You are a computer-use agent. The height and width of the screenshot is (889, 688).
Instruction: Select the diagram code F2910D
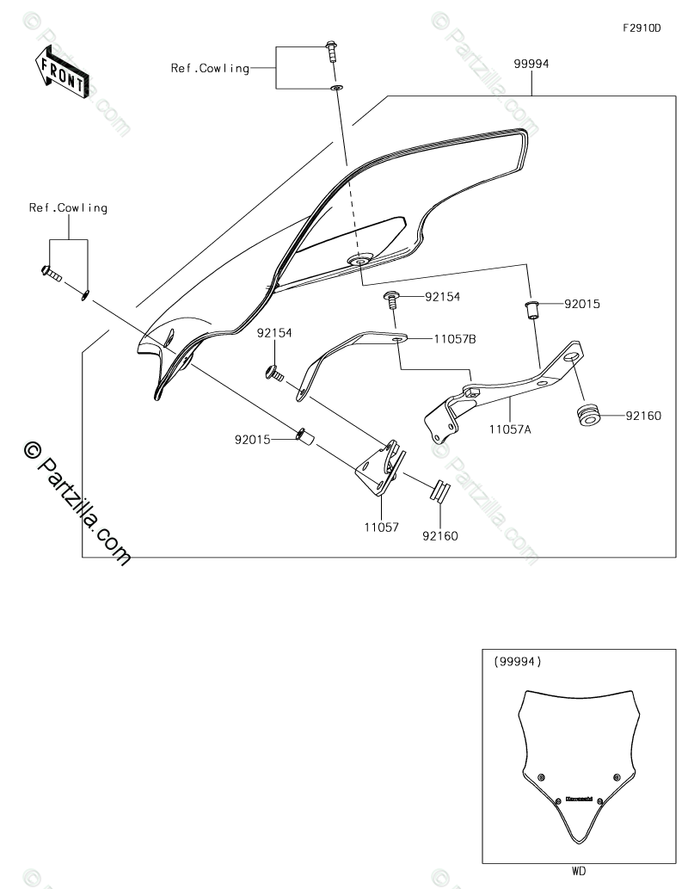642,28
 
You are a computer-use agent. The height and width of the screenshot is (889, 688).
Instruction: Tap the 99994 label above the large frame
532,64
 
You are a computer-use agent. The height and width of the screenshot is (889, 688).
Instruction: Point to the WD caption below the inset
578,871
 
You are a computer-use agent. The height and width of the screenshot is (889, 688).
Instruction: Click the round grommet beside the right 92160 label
589,414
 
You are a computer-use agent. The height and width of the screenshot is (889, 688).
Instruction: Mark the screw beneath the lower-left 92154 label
273,373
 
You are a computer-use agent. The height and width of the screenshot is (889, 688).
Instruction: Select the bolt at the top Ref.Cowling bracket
332,51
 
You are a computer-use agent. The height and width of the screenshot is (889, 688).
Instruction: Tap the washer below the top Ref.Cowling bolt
337,87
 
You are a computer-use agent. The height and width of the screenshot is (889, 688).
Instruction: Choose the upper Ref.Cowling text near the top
210,68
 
